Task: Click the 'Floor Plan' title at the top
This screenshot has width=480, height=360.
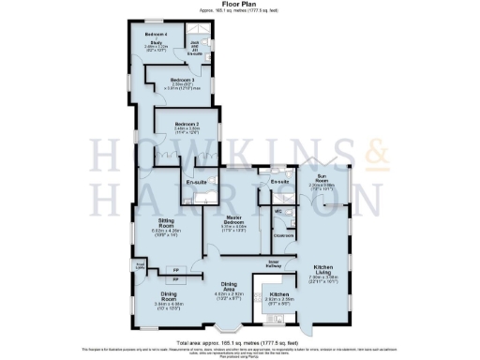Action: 239,6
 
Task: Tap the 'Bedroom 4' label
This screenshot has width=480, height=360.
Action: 156,34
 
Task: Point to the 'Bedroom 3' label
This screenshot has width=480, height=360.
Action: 182,81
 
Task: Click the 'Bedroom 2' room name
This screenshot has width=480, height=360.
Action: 186,124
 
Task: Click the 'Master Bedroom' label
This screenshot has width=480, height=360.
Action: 234,220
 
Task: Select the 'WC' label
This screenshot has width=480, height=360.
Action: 278,212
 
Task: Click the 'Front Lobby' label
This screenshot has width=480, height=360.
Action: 140,265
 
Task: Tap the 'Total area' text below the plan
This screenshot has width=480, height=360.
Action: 239,343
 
